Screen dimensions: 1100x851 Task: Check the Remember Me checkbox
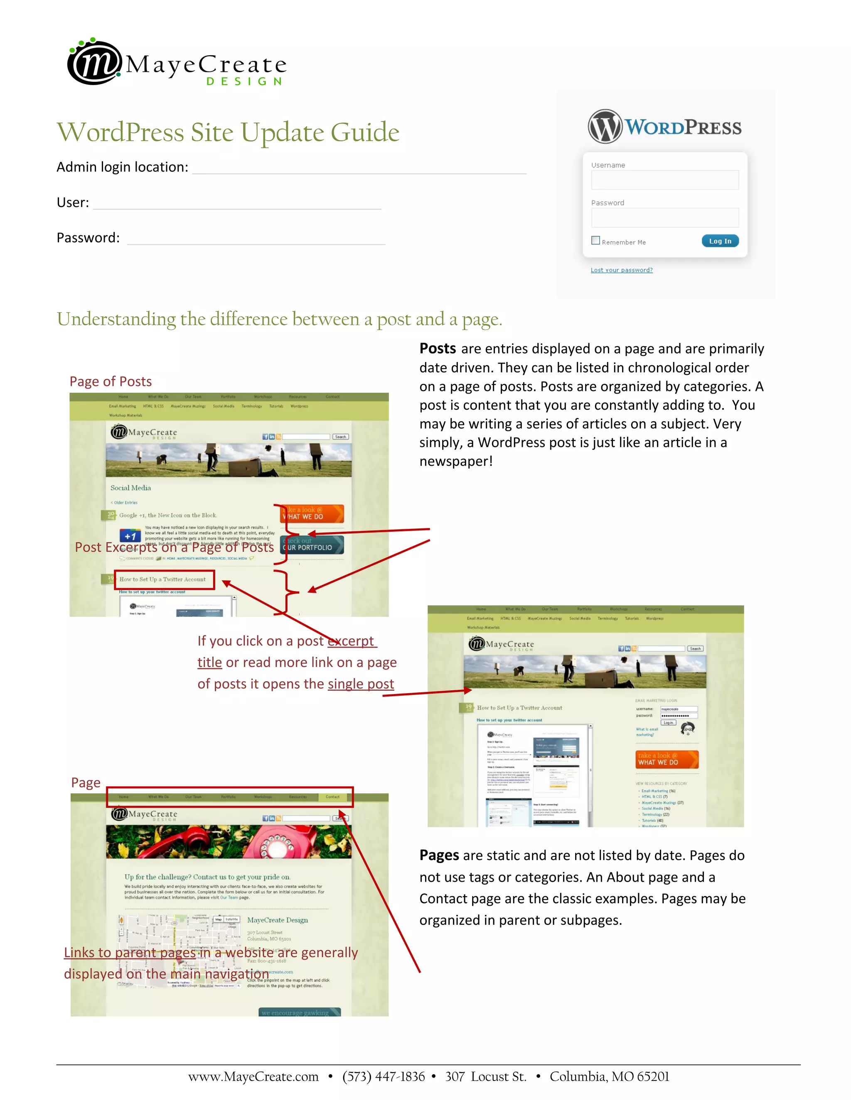pos(595,241)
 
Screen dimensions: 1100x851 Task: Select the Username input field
pos(664,180)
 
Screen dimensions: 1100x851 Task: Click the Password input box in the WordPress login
pos(664,218)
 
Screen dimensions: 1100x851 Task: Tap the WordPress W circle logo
pos(605,127)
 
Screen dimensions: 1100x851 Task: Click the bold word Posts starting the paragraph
pos(438,349)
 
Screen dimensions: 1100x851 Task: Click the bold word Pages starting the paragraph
pos(439,855)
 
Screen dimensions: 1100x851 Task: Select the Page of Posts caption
pos(111,381)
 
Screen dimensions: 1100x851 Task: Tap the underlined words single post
pos(360,684)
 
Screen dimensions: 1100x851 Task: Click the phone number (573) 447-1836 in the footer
pos(383,1077)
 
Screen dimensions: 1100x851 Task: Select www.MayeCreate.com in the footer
pos(253,1077)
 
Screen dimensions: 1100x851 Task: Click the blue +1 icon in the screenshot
pos(130,536)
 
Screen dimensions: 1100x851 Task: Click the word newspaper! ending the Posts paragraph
pos(456,461)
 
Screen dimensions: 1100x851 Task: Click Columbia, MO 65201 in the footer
pos(609,1077)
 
